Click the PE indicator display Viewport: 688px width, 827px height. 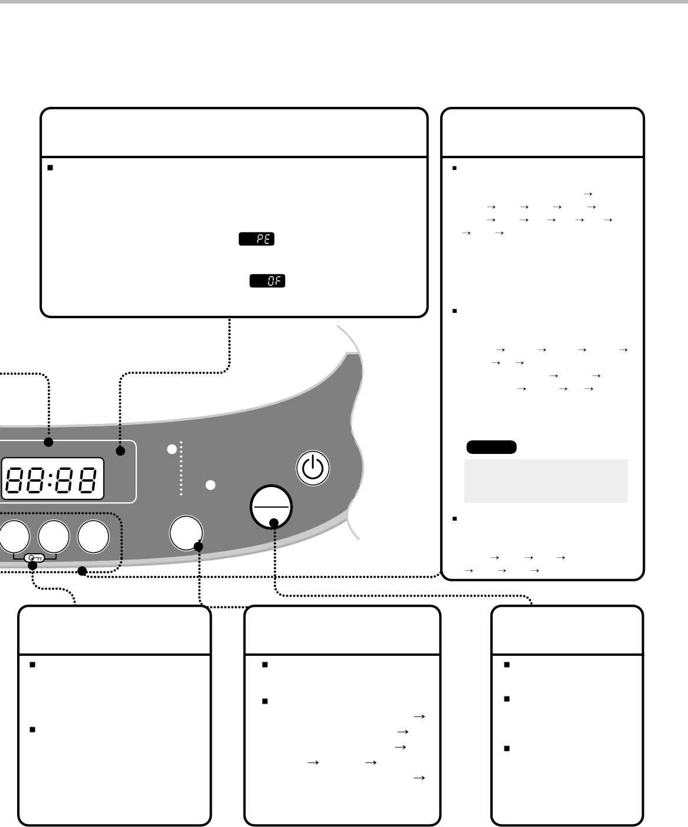pyautogui.click(x=256, y=239)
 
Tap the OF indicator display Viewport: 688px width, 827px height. pyautogui.click(x=267, y=281)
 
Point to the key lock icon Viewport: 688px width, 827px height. pyautogui.click(x=34, y=558)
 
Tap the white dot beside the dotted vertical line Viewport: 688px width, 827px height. pyautogui.click(x=172, y=449)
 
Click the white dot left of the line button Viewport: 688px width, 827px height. pyautogui.click(x=210, y=485)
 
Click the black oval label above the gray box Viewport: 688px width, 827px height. pyautogui.click(x=491, y=447)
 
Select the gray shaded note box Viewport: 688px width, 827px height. pyautogui.click(x=546, y=480)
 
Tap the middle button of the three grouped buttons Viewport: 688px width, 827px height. pyautogui.click(x=53, y=537)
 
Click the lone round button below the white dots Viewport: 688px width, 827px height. pyautogui.click(x=185, y=532)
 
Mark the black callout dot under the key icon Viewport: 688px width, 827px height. pyautogui.click(x=33, y=566)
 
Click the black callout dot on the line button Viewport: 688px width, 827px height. pyautogui.click(x=274, y=522)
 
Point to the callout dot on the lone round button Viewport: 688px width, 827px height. pyautogui.click(x=198, y=547)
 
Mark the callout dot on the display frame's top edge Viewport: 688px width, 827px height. pyautogui.click(x=48, y=442)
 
